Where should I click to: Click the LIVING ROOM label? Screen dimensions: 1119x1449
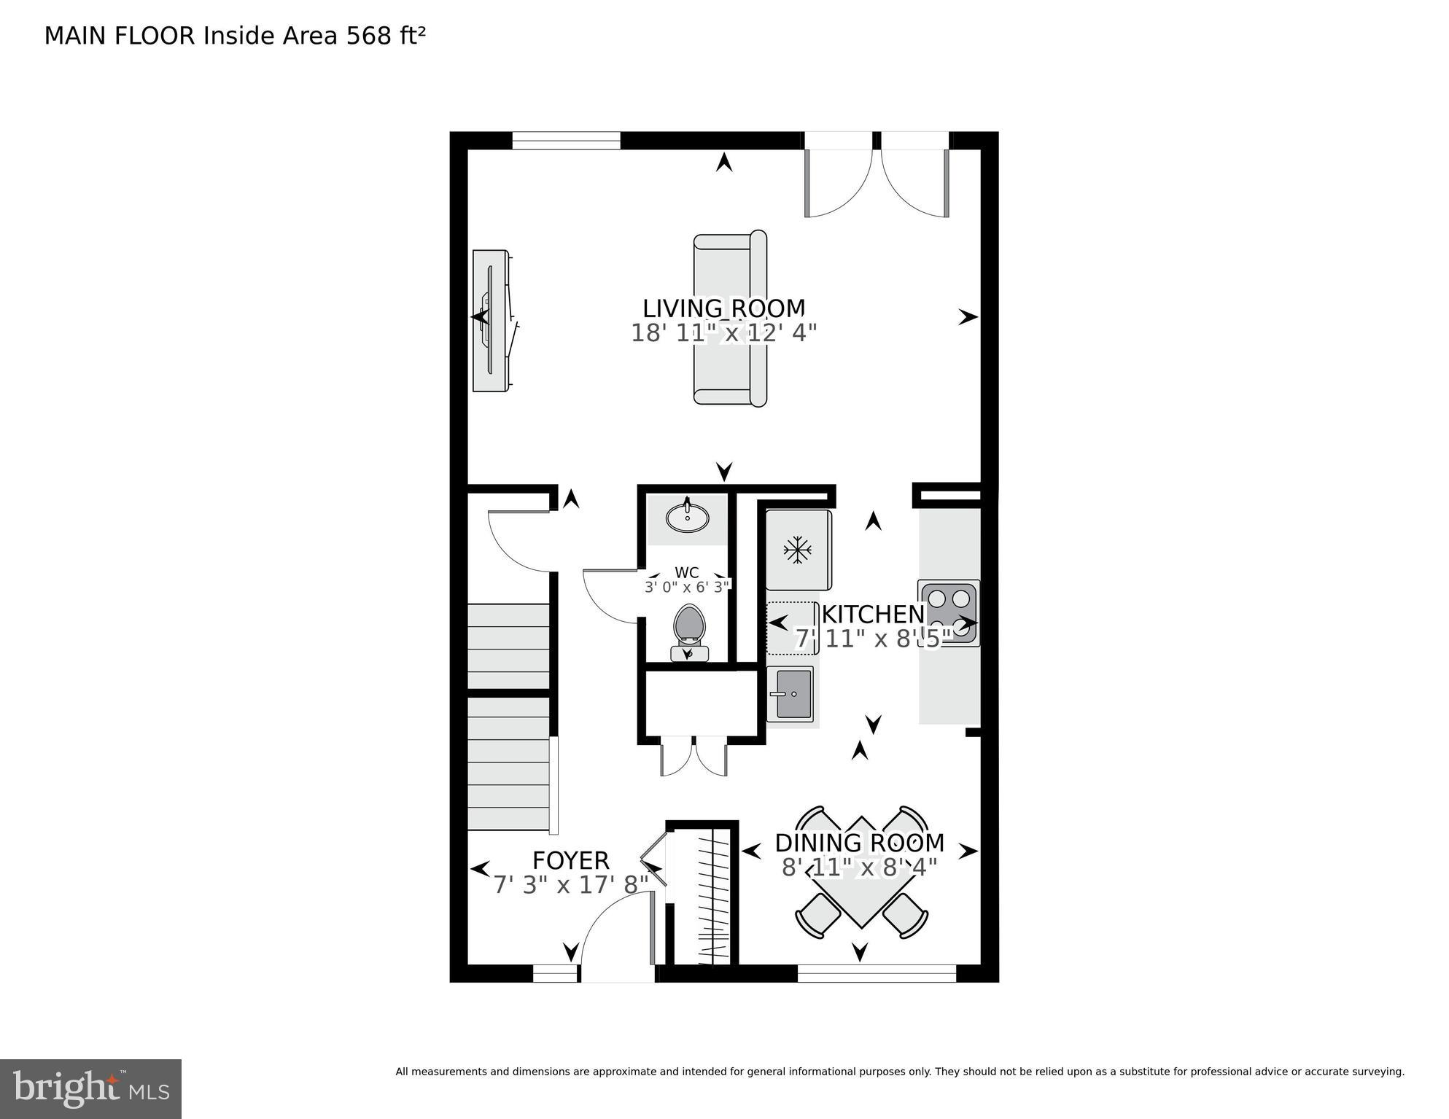[723, 308]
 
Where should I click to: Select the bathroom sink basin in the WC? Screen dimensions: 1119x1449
[687, 518]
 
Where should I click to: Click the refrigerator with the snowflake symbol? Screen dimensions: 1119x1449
[798, 550]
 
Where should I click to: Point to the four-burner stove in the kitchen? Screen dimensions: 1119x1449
[948, 613]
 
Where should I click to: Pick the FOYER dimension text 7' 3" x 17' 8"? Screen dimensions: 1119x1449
[571, 885]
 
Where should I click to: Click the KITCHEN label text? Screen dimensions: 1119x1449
[873, 615]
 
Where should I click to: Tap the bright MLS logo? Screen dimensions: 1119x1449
[90, 1088]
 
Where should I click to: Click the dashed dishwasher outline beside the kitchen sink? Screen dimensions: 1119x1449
[792, 627]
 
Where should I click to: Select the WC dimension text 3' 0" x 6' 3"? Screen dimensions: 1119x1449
[686, 587]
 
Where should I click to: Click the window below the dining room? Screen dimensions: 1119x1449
[876, 973]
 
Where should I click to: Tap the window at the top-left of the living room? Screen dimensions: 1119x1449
[566, 140]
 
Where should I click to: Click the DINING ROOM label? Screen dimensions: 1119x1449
[859, 843]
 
